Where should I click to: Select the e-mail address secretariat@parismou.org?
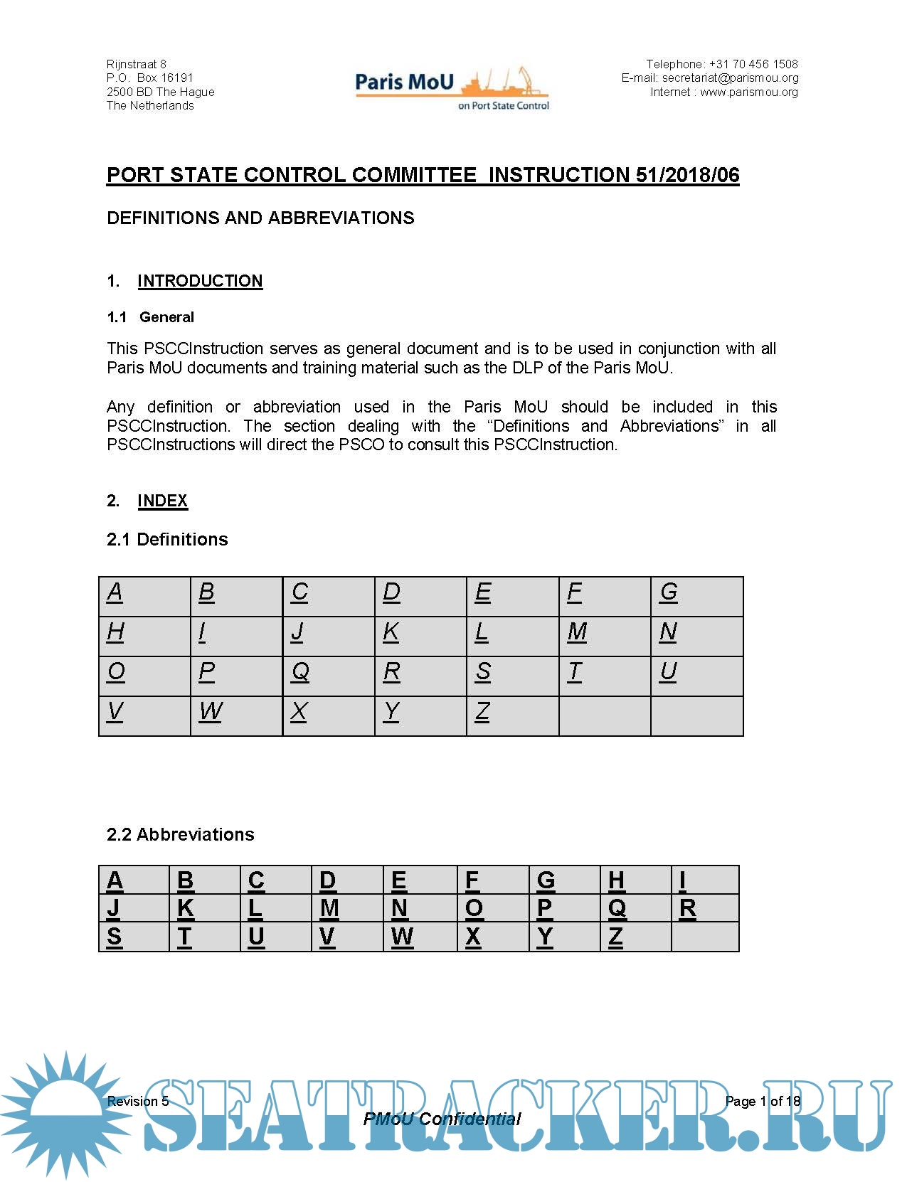point(730,78)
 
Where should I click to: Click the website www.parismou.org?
point(748,92)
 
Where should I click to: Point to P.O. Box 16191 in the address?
point(150,78)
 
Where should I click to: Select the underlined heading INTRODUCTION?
point(200,281)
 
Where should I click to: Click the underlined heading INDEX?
point(162,501)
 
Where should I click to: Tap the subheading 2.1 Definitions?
point(167,539)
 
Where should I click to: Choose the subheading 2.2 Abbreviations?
point(180,834)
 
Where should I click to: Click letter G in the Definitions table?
point(669,592)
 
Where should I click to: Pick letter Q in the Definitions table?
point(300,671)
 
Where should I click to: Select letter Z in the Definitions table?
point(482,711)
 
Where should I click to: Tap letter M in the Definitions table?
point(577,632)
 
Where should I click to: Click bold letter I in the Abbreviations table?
point(682,880)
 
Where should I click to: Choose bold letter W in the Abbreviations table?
point(402,937)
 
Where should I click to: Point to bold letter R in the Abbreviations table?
point(687,908)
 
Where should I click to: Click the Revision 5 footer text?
point(138,1101)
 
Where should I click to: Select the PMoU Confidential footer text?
point(442,1119)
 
